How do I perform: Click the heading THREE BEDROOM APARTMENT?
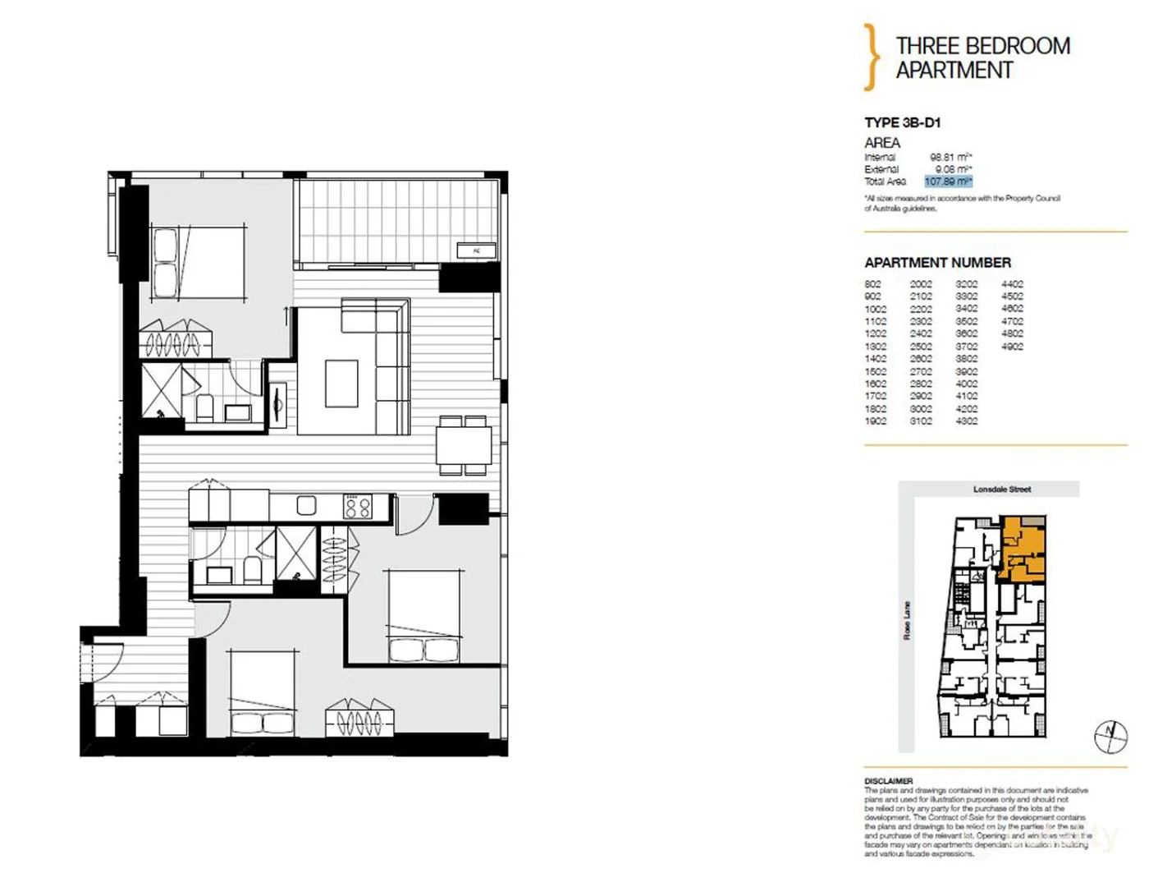[x=982, y=57]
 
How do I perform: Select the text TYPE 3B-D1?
[x=902, y=122]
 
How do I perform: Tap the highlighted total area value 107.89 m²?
[x=948, y=182]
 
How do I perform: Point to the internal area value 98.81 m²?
[x=950, y=157]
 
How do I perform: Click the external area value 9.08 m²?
[x=953, y=169]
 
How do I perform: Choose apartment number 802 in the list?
[x=872, y=284]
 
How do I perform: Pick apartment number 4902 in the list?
[x=1012, y=347]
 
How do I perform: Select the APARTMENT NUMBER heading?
[x=937, y=263]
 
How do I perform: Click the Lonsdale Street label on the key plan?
[x=1001, y=489]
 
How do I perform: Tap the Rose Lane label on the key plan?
[x=907, y=621]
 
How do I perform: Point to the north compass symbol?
[x=1110, y=736]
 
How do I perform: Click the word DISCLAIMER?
[x=888, y=781]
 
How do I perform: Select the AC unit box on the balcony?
[x=477, y=250]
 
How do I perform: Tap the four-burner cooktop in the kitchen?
[x=357, y=506]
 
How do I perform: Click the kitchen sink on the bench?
[x=306, y=505]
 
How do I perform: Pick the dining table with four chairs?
[x=464, y=446]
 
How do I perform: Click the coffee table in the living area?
[x=341, y=384]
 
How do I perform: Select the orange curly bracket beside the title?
[x=871, y=57]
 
